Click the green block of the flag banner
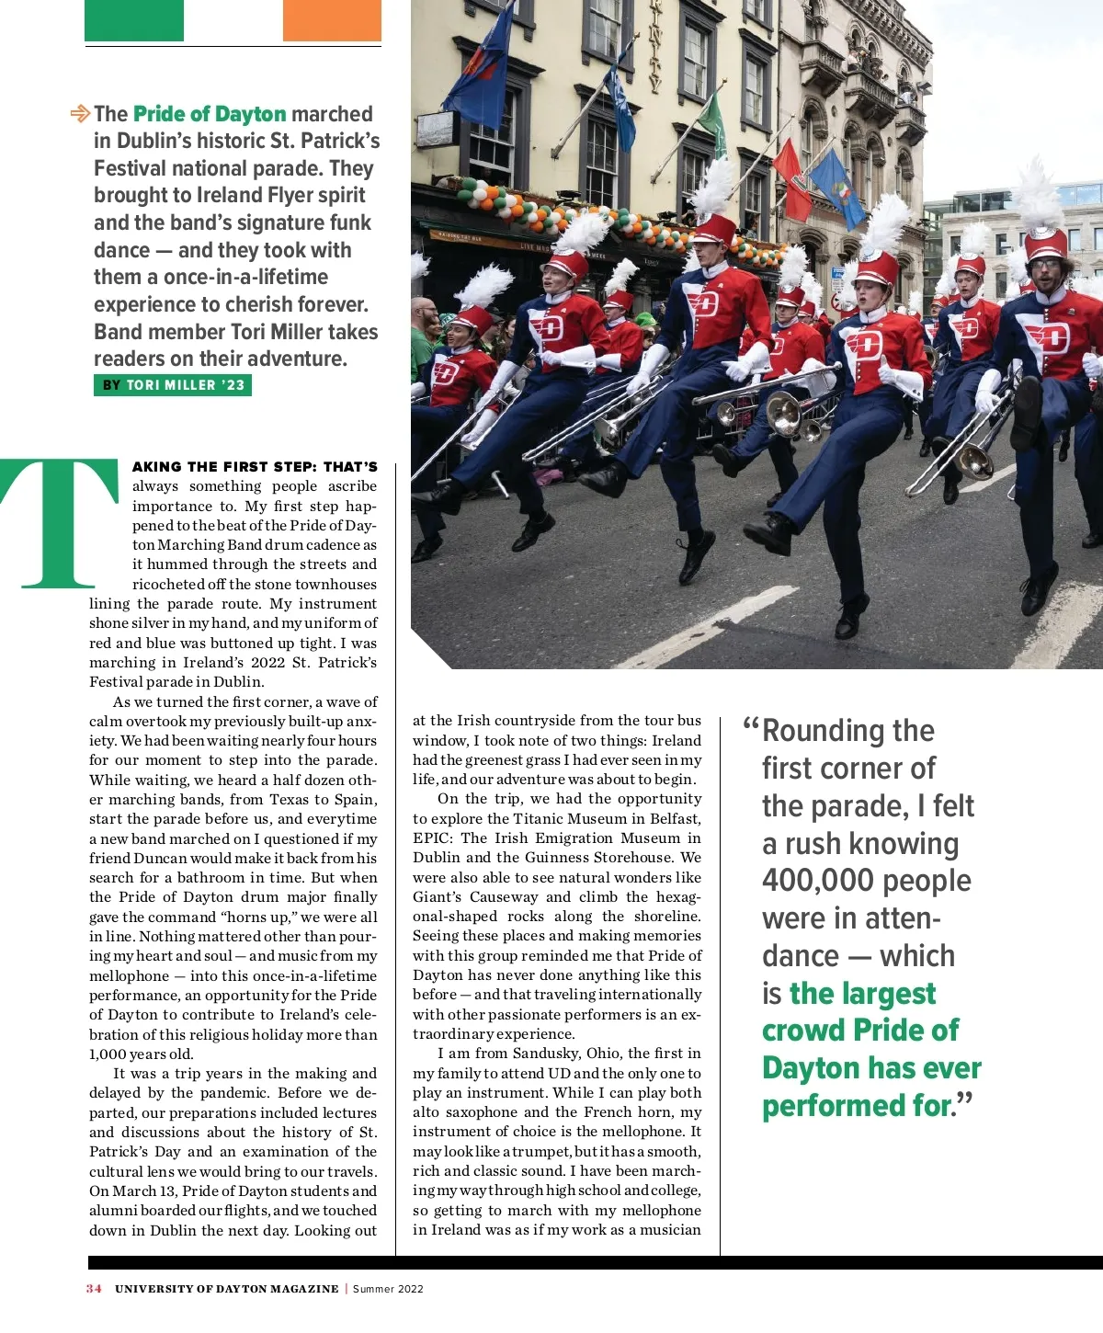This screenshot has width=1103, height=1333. tap(134, 20)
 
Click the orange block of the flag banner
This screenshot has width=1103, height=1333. tap(332, 20)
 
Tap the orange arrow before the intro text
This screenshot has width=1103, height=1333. tap(80, 114)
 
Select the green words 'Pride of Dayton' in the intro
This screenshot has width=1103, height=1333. tap(210, 114)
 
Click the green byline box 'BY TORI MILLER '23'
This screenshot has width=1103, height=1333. tap(173, 385)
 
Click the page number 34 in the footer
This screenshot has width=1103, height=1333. tap(94, 1289)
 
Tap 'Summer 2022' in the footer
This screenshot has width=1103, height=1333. tap(388, 1289)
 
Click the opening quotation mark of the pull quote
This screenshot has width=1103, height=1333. tap(751, 725)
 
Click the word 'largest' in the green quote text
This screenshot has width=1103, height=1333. tap(862, 994)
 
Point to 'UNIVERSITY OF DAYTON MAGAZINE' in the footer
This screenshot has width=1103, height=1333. tap(226, 1289)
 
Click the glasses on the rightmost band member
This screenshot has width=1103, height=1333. tap(1045, 265)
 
